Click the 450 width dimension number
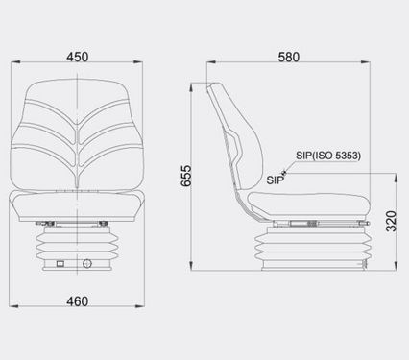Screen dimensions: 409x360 click(x=78, y=57)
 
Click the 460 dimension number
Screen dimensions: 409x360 click(x=78, y=301)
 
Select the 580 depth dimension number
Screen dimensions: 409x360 click(x=289, y=57)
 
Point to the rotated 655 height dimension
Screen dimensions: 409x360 click(x=186, y=176)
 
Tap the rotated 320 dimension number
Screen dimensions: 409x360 click(x=391, y=221)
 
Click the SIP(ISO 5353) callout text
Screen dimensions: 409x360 click(x=328, y=156)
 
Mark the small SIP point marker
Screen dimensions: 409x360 click(x=284, y=173)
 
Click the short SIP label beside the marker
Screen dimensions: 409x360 click(x=275, y=180)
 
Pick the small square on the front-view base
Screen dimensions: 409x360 click(x=60, y=264)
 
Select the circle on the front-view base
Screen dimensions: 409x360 click(x=87, y=264)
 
